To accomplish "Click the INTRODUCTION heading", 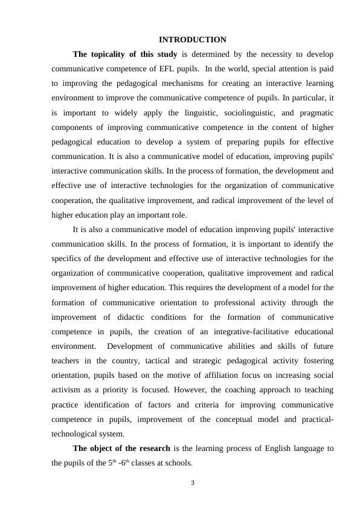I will pos(192,40).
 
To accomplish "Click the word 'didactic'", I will pos(134,317).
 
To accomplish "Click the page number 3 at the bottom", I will pos(192,482).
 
